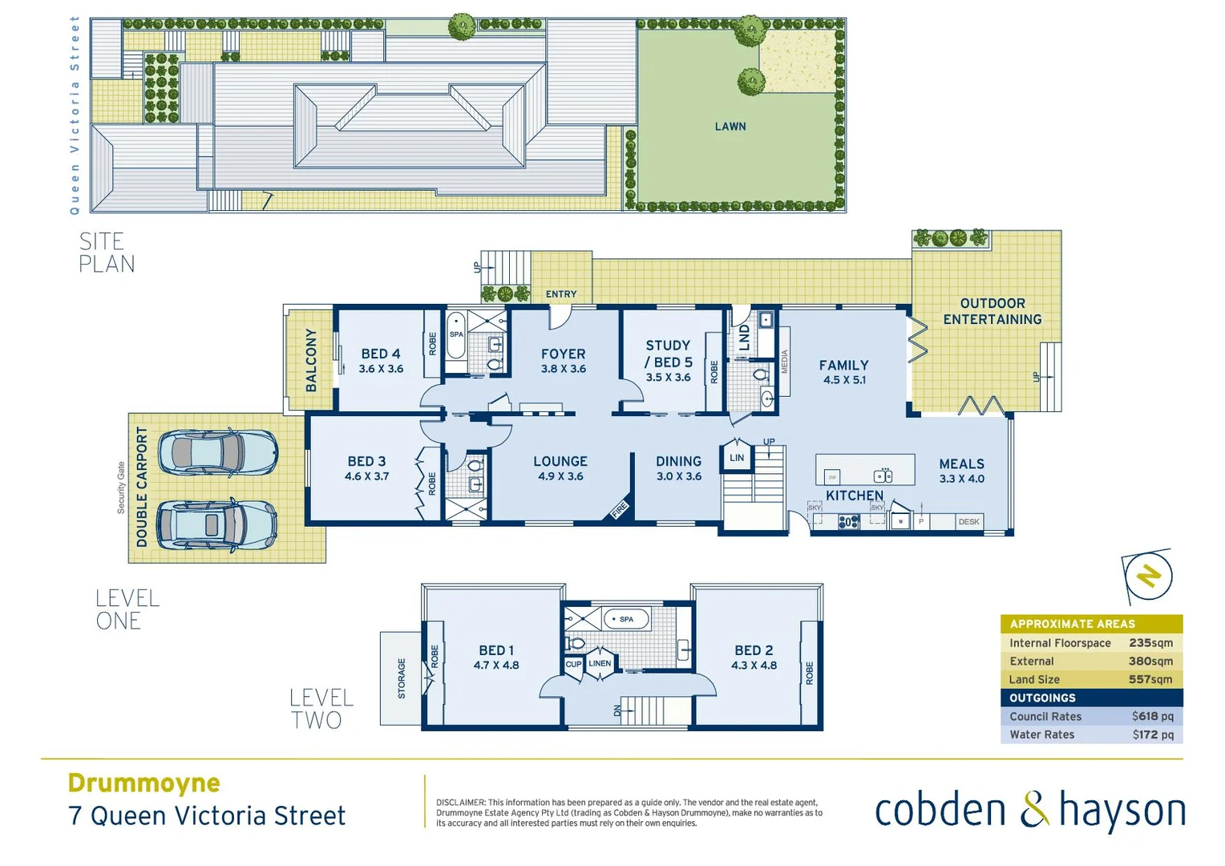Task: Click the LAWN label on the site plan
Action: coord(730,127)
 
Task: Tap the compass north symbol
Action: coord(1148,576)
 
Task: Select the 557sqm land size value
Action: coord(1150,679)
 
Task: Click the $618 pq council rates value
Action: coord(1152,716)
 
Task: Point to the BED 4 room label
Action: coord(381,354)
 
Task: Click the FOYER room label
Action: coord(563,354)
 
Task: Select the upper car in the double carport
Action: coord(217,454)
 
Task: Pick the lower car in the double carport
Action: coord(216,525)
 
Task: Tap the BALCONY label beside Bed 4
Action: coord(311,360)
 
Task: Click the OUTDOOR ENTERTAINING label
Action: coord(992,311)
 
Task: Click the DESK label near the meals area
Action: coord(968,522)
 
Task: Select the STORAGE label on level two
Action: coord(402,678)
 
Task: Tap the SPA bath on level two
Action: coord(626,619)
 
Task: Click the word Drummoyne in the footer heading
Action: coord(144,783)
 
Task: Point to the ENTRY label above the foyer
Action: coord(561,294)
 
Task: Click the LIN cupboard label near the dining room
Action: coord(737,458)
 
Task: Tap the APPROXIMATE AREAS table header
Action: coord(1072,624)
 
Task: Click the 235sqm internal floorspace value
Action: coord(1150,643)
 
